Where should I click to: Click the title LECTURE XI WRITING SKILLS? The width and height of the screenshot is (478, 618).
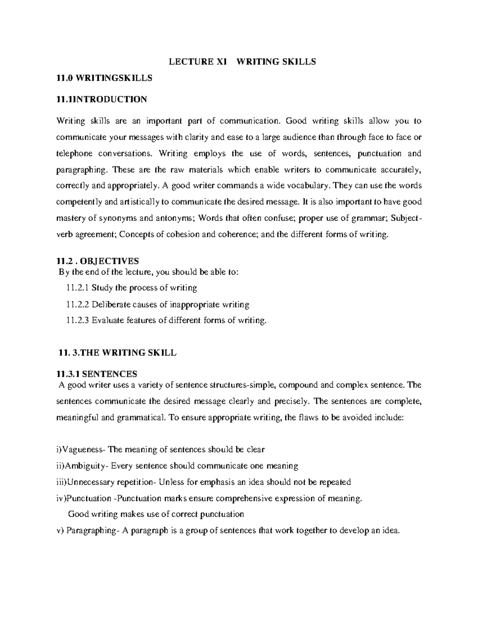click(x=242, y=62)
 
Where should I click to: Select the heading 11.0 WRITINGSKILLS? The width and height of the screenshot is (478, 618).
click(x=104, y=78)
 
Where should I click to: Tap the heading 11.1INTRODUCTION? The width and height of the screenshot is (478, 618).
click(x=102, y=99)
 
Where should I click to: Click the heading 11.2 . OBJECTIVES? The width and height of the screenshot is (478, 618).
click(x=98, y=261)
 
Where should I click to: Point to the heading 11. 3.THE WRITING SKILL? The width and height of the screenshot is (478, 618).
click(x=117, y=353)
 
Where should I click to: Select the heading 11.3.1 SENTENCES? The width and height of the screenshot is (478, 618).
click(x=97, y=374)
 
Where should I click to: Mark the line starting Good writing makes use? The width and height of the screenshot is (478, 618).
click(x=156, y=514)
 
